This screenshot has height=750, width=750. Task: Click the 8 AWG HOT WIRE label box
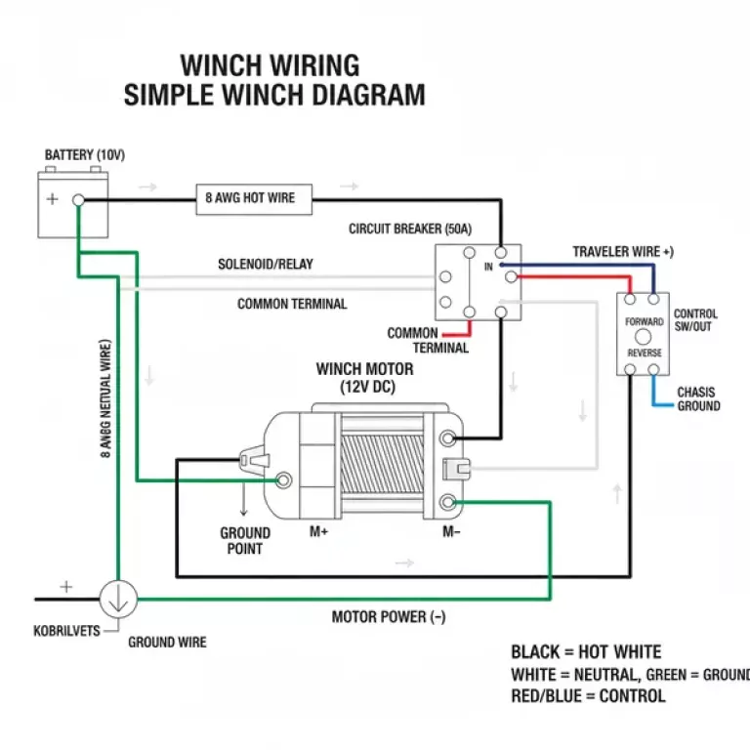[x=249, y=198]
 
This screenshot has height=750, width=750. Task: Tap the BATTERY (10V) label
[x=85, y=156]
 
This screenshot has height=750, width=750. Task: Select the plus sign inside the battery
[x=52, y=199]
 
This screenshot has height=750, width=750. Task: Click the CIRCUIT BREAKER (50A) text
[x=410, y=229]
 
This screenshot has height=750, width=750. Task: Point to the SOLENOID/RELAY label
[x=266, y=265]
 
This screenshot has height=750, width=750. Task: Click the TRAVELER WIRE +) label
[x=623, y=252]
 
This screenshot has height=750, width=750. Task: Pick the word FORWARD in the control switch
[x=645, y=322]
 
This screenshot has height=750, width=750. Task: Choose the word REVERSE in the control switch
[x=645, y=353]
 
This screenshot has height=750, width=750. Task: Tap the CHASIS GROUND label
[x=699, y=399]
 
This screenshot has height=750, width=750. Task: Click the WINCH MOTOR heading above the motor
[x=364, y=370]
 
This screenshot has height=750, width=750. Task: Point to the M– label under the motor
[x=451, y=532]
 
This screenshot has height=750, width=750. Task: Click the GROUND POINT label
[x=244, y=541]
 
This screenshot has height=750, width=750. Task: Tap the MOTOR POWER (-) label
[x=389, y=617]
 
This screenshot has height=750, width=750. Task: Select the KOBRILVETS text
[x=65, y=631]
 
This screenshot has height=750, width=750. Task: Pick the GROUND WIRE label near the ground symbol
[x=168, y=643]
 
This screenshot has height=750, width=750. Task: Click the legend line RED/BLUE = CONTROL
[x=588, y=696]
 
